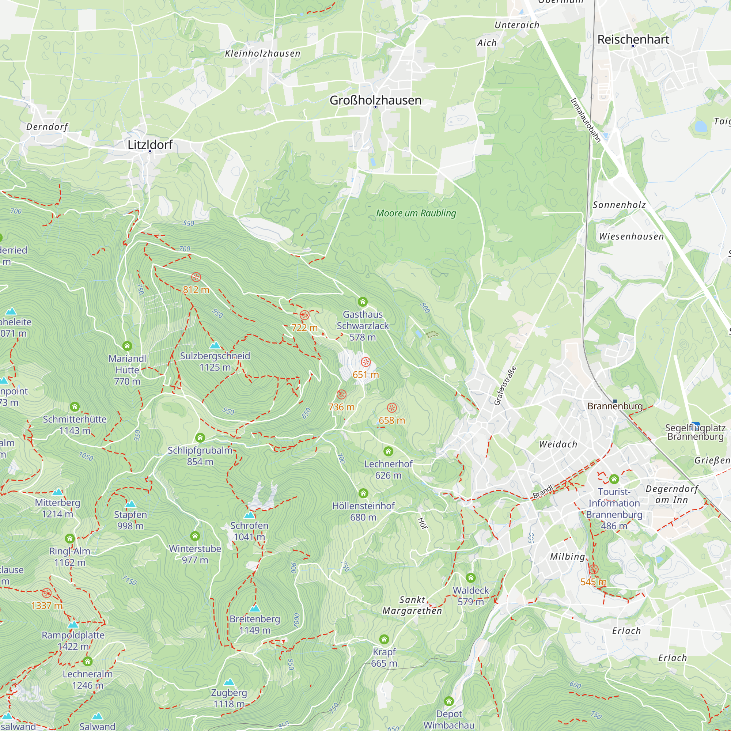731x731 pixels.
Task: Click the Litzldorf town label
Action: point(150,144)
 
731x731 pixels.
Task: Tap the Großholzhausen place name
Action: point(375,100)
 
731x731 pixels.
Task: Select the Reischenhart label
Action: point(633,39)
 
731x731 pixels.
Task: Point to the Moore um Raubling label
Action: point(416,213)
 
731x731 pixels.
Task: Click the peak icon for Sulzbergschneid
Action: point(215,345)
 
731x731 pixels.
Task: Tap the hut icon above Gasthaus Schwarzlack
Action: point(363,302)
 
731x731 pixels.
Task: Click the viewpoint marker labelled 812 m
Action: point(196,277)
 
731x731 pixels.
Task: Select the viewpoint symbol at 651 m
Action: point(365,362)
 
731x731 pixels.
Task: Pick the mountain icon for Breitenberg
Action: point(255,609)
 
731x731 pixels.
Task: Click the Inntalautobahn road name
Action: point(585,120)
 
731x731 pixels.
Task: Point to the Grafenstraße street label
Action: point(505,386)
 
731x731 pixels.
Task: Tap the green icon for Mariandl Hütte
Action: point(127,346)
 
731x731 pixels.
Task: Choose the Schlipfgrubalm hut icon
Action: point(200,438)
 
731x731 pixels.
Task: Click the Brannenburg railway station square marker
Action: point(615,401)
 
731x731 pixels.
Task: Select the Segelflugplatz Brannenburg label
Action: point(695,432)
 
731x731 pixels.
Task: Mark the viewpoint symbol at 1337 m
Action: point(46,593)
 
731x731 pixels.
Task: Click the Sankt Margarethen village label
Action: point(412,605)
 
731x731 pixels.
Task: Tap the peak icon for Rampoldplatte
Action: point(73,625)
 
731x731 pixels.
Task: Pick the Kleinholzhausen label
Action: point(262,53)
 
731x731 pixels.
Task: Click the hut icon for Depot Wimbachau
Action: point(449,701)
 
